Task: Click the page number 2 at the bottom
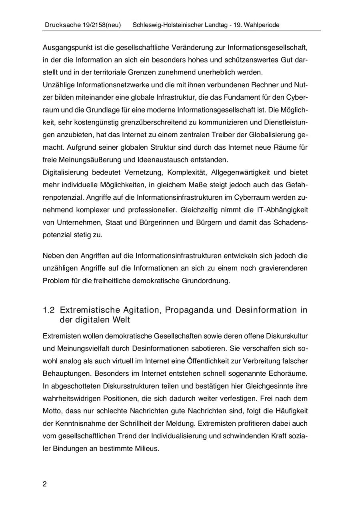pyautogui.click(x=45, y=484)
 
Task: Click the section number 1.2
pyautogui.click(x=48, y=310)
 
